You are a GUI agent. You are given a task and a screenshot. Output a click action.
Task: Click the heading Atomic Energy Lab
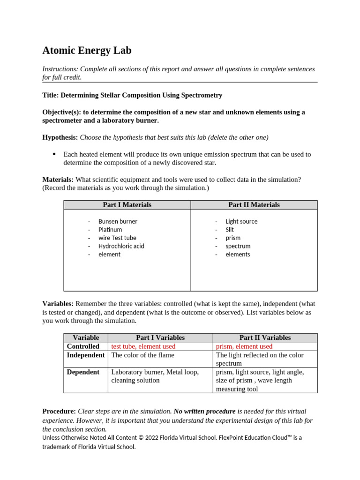pyautogui.click(x=87, y=51)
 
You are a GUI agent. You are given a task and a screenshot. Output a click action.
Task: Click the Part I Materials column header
pyautogui.click(x=127, y=205)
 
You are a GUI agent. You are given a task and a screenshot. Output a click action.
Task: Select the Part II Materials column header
pyautogui.click(x=254, y=205)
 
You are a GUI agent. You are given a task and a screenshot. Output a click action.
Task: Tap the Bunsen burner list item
pyautogui.click(x=118, y=221)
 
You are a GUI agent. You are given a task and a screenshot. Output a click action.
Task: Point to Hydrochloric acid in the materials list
pyautogui.click(x=121, y=246)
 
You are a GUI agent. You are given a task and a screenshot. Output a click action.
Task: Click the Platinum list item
pyautogui.click(x=110, y=230)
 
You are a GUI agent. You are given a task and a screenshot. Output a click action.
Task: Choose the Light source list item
pyautogui.click(x=241, y=221)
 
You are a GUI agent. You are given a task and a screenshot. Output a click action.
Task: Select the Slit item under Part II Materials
pyautogui.click(x=229, y=230)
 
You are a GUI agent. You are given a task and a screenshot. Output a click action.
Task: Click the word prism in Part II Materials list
pyautogui.click(x=232, y=238)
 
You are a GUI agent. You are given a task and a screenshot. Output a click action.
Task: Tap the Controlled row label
pyautogui.click(x=83, y=346)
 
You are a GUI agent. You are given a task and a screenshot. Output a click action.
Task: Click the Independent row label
pyautogui.click(x=86, y=355)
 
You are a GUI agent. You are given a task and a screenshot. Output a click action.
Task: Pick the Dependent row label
pyautogui.click(x=83, y=372)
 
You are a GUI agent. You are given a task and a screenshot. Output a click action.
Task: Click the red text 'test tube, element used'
pyautogui.click(x=143, y=346)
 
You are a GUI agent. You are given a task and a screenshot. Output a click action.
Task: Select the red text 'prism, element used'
pyautogui.click(x=244, y=346)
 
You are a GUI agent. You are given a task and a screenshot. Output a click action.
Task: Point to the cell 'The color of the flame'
pyautogui.click(x=142, y=355)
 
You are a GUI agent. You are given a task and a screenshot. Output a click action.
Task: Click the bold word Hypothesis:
pyautogui.click(x=60, y=137)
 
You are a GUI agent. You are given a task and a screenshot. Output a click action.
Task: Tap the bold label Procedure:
pyautogui.click(x=59, y=411)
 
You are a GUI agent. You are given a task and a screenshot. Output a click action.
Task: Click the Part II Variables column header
pyautogui.click(x=265, y=337)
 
